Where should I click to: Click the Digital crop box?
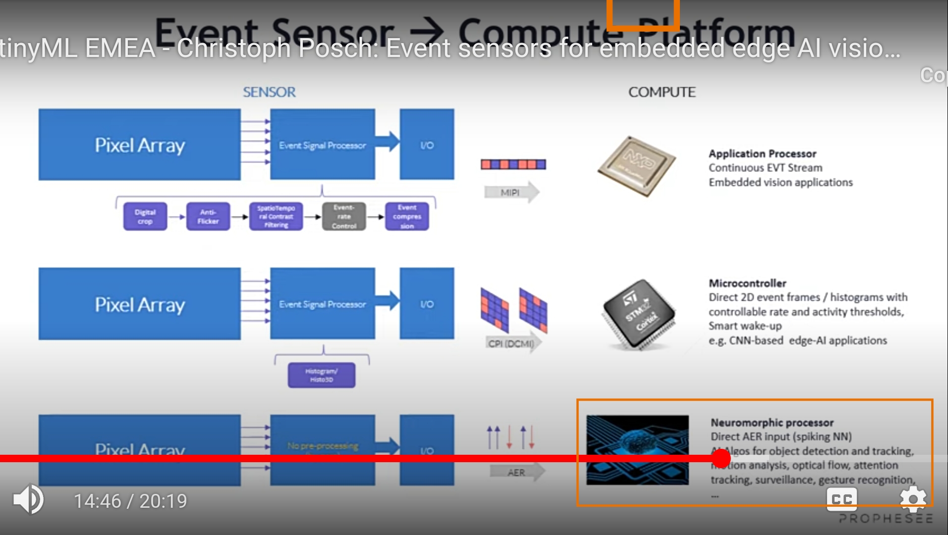click(145, 216)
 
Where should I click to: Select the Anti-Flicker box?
click(208, 216)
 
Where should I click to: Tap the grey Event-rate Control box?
click(344, 216)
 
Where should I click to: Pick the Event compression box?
click(407, 216)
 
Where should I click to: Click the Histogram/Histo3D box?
click(322, 375)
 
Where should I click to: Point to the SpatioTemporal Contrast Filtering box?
click(276, 216)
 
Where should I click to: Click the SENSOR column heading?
click(269, 92)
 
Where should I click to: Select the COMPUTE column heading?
click(662, 92)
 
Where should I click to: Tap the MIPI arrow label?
click(510, 193)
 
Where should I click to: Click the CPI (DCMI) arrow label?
click(511, 343)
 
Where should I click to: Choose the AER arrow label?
click(516, 472)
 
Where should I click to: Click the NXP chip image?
click(637, 166)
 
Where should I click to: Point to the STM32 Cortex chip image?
click(639, 315)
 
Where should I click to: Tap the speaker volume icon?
click(28, 499)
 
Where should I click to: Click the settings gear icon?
click(913, 499)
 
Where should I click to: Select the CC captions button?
click(841, 499)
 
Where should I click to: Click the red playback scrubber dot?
click(721, 458)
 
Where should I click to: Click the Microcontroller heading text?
click(747, 283)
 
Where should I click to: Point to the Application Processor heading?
click(762, 154)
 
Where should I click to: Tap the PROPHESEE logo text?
click(886, 519)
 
